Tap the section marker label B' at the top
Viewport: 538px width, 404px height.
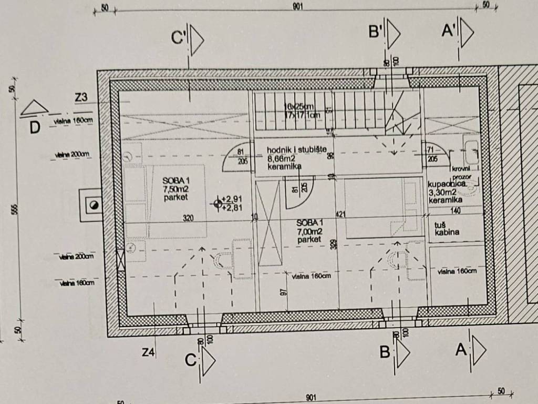tap(375, 33)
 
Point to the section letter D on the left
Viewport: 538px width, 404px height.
tap(35, 127)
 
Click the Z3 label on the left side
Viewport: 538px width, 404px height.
tap(81, 97)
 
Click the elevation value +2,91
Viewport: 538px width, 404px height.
tap(232, 199)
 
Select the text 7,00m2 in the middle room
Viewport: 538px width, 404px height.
tap(309, 231)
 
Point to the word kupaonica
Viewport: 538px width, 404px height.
tap(446, 184)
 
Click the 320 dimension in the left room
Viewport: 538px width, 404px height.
tap(188, 217)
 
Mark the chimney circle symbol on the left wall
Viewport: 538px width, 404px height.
tap(94, 206)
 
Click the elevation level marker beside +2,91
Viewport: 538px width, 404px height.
tap(218, 203)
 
